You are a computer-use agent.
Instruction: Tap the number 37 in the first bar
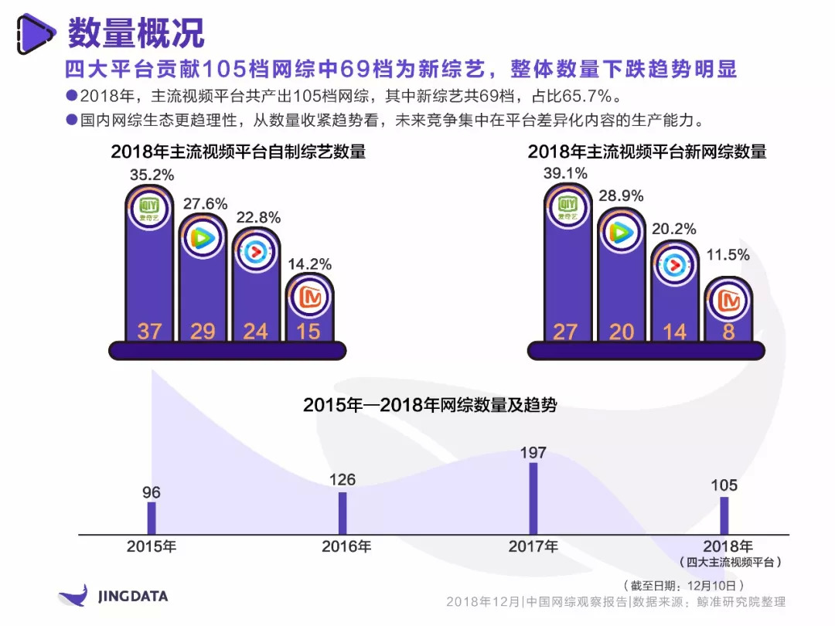pyautogui.click(x=149, y=332)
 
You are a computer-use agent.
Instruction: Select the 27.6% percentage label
pyautogui.click(x=205, y=204)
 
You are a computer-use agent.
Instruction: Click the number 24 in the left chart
pyautogui.click(x=255, y=332)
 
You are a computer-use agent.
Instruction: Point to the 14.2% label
pyautogui.click(x=311, y=264)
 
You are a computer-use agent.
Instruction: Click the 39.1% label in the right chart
pyautogui.click(x=565, y=173)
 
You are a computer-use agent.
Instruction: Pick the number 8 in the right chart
pyautogui.click(x=728, y=332)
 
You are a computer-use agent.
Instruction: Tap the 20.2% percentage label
pyautogui.click(x=674, y=229)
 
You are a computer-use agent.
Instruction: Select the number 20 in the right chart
pyautogui.click(x=622, y=332)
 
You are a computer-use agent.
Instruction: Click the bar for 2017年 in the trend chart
pyautogui.click(x=533, y=498)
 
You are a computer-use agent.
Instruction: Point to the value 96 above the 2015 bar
pyautogui.click(x=152, y=492)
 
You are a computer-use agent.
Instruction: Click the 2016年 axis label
pyautogui.click(x=346, y=546)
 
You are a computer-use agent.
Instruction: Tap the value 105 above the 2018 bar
pyautogui.click(x=724, y=485)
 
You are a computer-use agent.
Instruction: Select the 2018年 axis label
pyautogui.click(x=728, y=546)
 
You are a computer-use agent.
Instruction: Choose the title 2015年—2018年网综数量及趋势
pyautogui.click(x=430, y=404)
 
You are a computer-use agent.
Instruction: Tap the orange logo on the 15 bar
pyautogui.click(x=310, y=298)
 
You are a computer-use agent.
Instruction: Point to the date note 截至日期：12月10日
pyautogui.click(x=683, y=585)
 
